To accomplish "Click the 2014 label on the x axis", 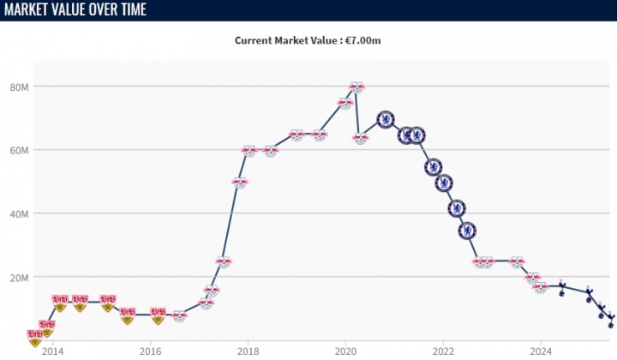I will pos(52,350).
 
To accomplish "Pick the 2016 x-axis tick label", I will pos(150,350).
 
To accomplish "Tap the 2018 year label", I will pos(248,350).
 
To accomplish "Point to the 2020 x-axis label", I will pos(345,350).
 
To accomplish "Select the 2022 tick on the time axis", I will pos(443,350).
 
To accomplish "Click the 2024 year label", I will pos(541,350).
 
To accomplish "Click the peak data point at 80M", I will pos(357,87).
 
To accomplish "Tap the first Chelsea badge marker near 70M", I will pos(386,119).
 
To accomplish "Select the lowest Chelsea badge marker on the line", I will pos(467,230).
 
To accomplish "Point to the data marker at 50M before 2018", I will pos(240,183).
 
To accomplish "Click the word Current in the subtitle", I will pos(255,39).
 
